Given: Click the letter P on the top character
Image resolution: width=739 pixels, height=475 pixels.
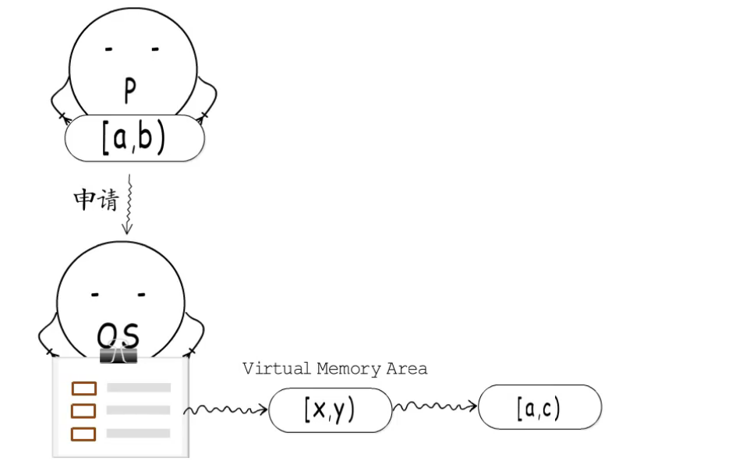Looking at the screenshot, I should click(x=130, y=91).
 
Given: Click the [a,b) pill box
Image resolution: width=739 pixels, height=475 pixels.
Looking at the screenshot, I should click(x=134, y=138).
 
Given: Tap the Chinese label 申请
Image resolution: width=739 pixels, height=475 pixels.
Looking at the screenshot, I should click(x=95, y=200).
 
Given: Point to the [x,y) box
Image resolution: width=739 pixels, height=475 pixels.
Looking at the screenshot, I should click(x=330, y=409).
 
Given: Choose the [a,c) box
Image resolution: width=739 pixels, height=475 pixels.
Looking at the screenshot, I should click(x=539, y=407).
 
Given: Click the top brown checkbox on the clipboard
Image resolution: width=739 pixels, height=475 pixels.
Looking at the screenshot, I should click(x=83, y=388).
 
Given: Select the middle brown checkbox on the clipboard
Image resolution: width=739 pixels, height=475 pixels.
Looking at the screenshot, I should click(x=83, y=410).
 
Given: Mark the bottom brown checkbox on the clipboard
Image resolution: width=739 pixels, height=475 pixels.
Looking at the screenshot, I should click(x=83, y=434).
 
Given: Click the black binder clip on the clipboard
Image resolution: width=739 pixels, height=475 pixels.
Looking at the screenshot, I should click(x=118, y=355).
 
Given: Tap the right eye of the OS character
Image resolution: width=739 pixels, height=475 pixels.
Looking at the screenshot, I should click(x=141, y=295).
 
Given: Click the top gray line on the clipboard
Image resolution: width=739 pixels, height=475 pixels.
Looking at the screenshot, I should click(x=139, y=388).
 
